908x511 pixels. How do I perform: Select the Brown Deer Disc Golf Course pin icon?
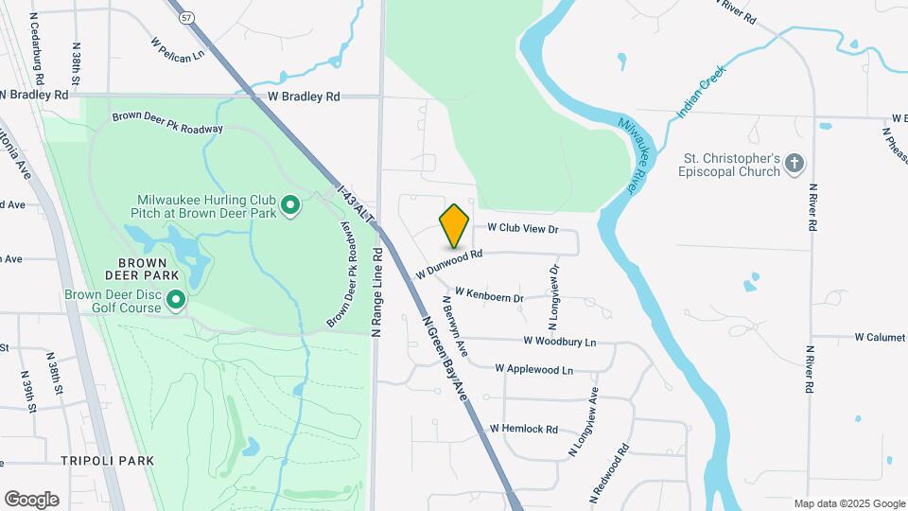click(x=176, y=301)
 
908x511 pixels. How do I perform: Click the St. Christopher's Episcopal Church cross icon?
click(x=794, y=165)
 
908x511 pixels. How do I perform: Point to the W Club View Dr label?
click(x=524, y=229)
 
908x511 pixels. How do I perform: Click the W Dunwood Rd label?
click(x=449, y=263)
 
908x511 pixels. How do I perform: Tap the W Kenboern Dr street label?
click(x=489, y=297)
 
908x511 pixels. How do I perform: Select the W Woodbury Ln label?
click(x=560, y=341)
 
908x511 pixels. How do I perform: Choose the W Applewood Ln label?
click(x=533, y=368)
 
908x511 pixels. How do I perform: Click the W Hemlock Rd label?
click(x=523, y=429)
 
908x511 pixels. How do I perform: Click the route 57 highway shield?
click(x=188, y=18)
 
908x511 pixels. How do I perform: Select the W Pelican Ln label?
click(x=178, y=49)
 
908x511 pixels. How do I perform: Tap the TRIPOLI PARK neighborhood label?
click(x=107, y=460)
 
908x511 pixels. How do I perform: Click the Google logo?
click(x=31, y=499)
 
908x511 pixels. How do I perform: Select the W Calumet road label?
click(x=880, y=337)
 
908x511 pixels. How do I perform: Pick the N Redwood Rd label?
click(x=610, y=473)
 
